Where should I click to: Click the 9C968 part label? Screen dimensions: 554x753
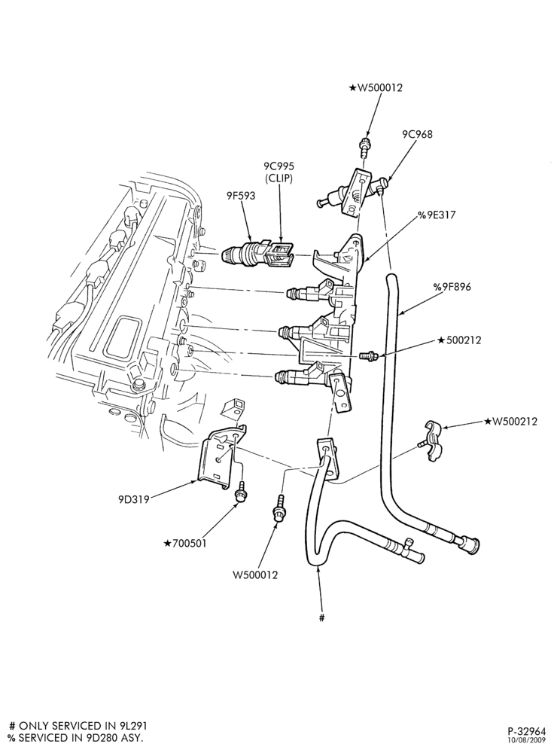click(417, 134)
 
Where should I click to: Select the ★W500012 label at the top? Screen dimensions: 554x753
click(376, 87)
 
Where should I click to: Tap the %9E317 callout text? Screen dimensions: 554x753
click(437, 215)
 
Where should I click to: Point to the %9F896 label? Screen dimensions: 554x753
click(452, 287)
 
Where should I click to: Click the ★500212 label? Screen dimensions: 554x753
click(459, 340)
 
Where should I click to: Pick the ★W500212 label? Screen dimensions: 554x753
click(511, 422)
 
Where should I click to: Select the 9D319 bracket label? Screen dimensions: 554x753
click(133, 499)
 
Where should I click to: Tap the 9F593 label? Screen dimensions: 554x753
click(241, 196)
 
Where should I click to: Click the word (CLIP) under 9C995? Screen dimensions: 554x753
click(279, 178)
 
